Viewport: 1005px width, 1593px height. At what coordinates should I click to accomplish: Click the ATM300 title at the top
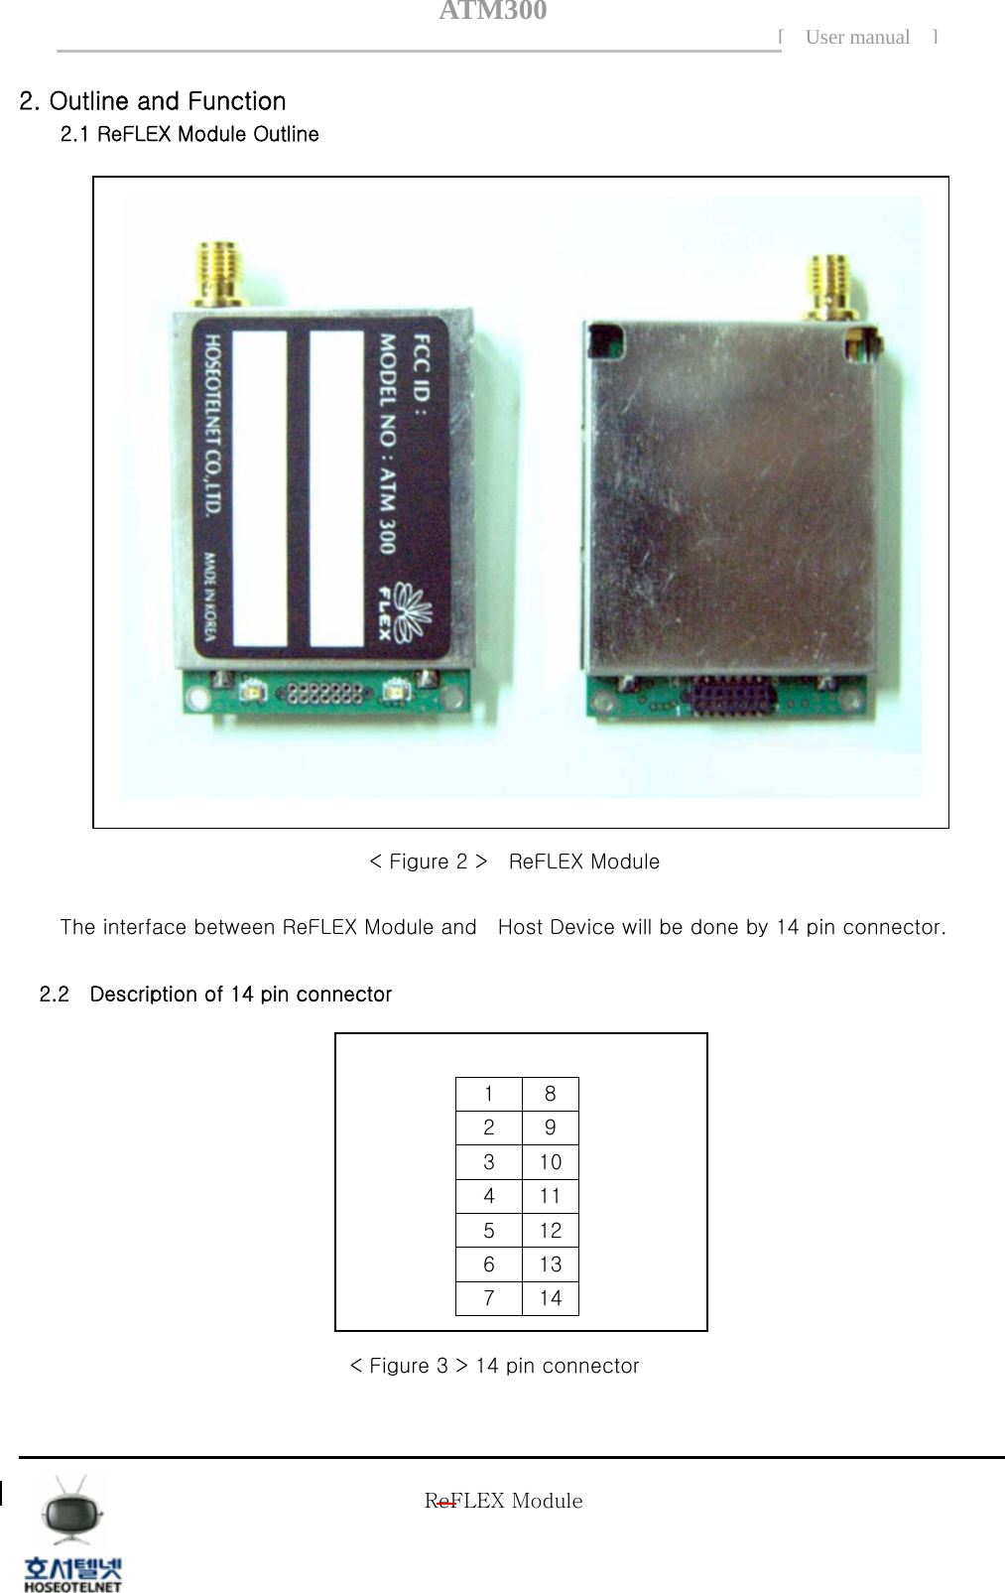coord(492,12)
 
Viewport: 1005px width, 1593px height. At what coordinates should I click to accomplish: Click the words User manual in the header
coord(857,38)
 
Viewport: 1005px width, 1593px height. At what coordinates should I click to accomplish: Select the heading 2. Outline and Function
coord(153,101)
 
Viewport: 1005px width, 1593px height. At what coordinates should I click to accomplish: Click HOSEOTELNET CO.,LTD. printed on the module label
coord(213,425)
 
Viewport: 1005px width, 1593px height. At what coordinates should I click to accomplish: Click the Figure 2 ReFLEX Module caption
coord(514,862)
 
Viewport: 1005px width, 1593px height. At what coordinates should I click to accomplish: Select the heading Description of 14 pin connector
coord(240,995)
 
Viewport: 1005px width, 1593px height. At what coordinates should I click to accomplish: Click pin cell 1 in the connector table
coord(488,1094)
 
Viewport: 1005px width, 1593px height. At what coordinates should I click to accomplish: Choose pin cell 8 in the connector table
coord(550,1094)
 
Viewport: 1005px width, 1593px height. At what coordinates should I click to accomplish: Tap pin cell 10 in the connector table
coord(550,1162)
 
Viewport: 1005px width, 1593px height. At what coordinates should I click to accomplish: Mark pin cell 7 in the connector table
coord(488,1298)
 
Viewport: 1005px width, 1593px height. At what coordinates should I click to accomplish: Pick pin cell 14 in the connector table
coord(550,1298)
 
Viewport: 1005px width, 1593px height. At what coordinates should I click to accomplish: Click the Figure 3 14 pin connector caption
coord(494,1366)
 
